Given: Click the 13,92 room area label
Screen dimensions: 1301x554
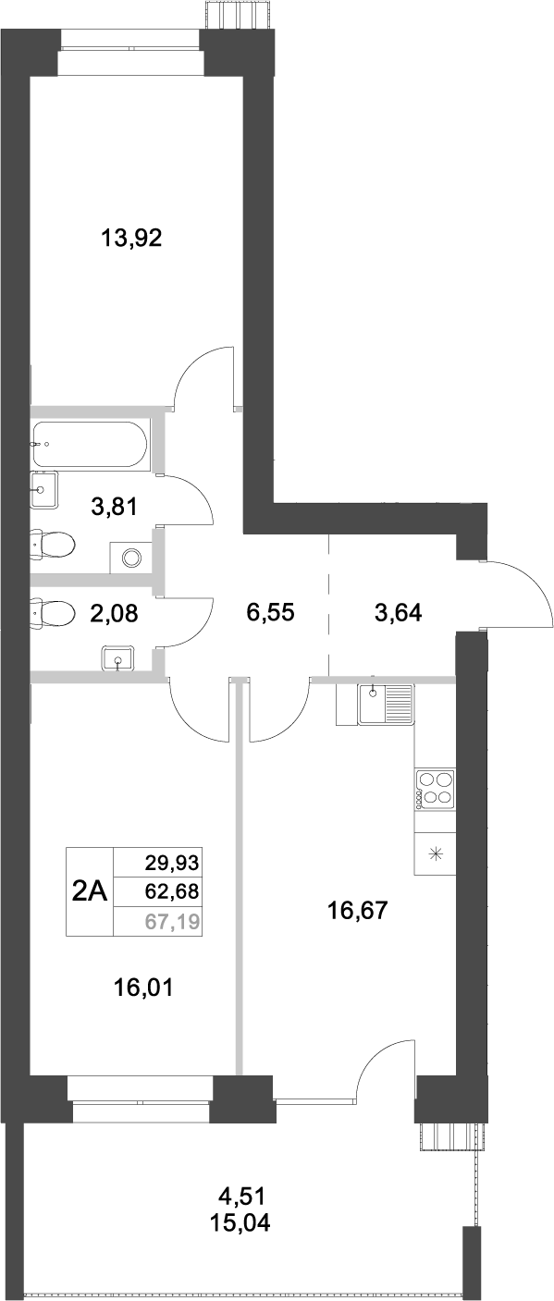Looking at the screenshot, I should (x=131, y=239).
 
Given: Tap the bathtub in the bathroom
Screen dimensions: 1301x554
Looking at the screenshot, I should (x=88, y=446).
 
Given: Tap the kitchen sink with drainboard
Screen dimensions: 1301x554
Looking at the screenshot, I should (x=387, y=704).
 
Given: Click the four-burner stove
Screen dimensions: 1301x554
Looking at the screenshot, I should (x=436, y=789).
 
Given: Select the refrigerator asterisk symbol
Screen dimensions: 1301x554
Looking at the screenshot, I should (x=436, y=853).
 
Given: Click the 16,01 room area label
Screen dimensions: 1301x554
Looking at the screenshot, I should (x=144, y=988).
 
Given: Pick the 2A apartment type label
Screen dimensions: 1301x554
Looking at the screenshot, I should (x=90, y=892).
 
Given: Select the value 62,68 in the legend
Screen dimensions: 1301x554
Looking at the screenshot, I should (x=173, y=891).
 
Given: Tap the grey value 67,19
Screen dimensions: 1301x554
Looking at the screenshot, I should (x=173, y=920).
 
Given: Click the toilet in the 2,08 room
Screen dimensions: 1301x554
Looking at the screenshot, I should (x=54, y=612).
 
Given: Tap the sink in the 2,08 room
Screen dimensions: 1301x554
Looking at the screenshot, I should (x=118, y=657).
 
